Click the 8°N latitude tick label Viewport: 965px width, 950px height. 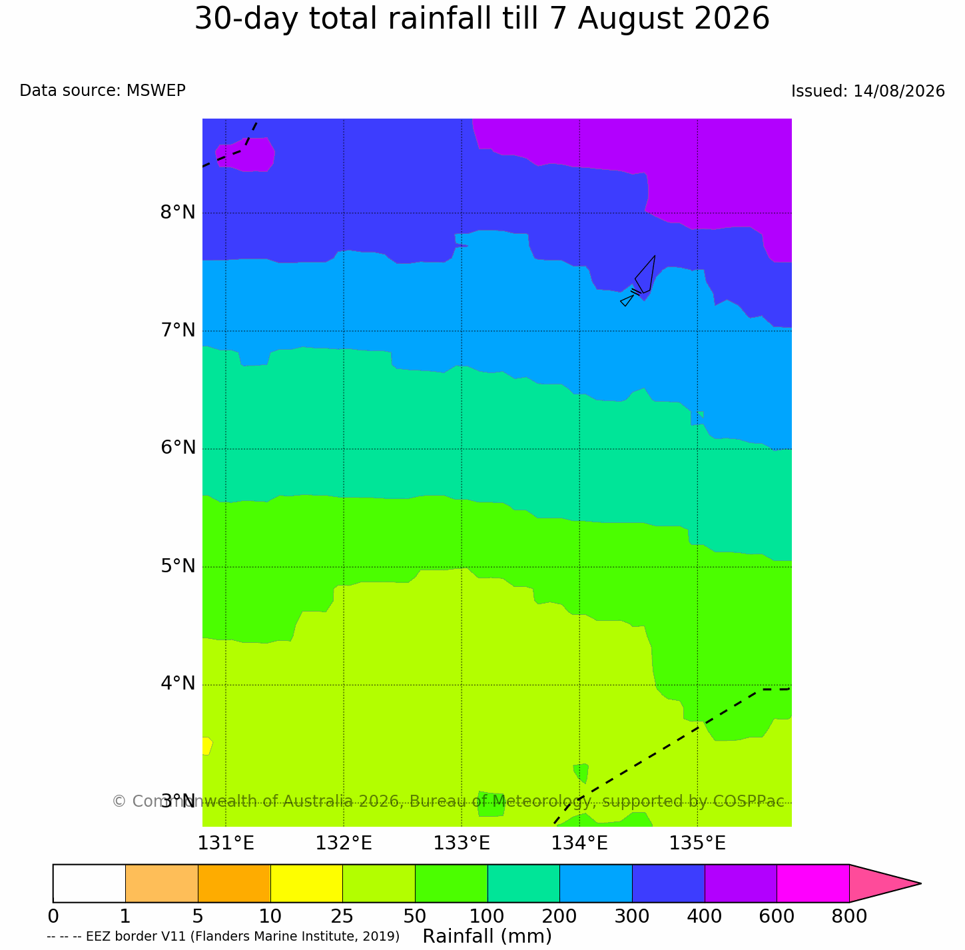[177, 213]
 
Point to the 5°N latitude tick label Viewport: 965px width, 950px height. [177, 566]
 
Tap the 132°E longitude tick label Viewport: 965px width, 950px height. [343, 843]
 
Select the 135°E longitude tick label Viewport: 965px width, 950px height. [697, 843]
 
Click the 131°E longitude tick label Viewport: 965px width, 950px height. [225, 843]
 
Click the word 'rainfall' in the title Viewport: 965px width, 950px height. [440, 19]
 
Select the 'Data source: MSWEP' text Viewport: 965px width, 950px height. [102, 91]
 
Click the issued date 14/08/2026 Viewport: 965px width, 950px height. [898, 91]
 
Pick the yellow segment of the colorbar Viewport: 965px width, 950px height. [306, 883]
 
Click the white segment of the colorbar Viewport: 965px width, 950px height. [89, 883]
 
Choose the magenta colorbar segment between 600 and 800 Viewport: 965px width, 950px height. [812, 883]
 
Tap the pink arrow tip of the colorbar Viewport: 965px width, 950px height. [920, 883]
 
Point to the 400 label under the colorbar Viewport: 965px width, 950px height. [703, 917]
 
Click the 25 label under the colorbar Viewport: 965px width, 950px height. [342, 917]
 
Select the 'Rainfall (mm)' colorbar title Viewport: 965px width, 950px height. [487, 937]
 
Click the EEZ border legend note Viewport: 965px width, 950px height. [223, 937]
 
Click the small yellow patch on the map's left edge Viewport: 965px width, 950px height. [206, 746]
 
